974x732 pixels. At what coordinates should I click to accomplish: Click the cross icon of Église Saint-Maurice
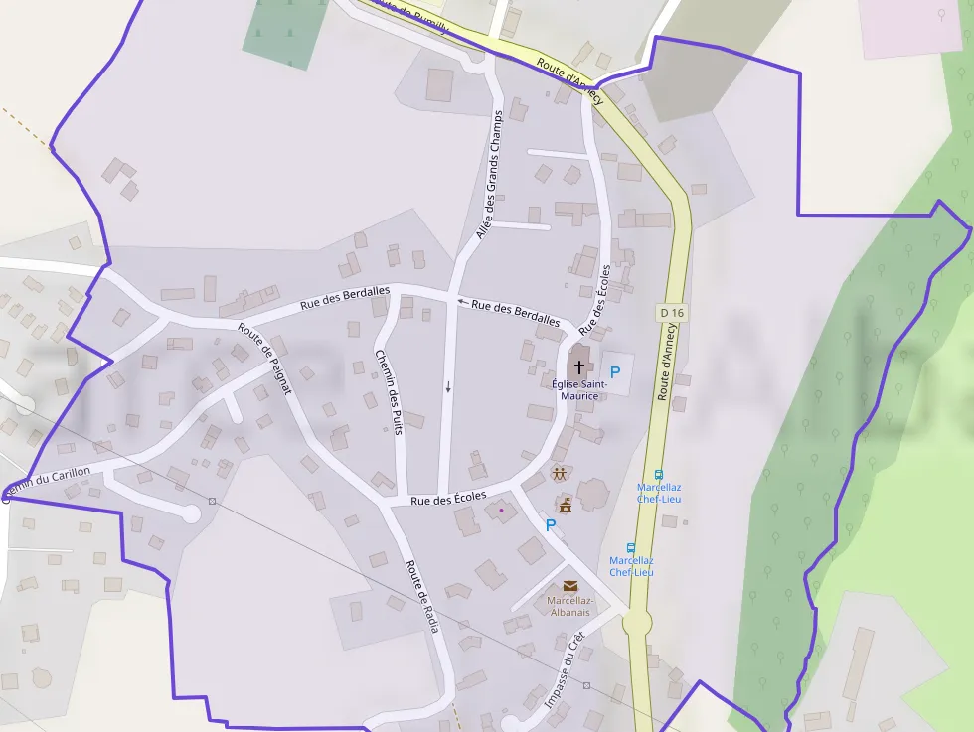[x=579, y=366]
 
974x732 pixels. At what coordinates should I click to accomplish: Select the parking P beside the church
[x=614, y=372]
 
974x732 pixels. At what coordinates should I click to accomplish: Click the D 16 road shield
[x=672, y=313]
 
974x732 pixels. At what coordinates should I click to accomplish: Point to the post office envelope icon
[x=569, y=586]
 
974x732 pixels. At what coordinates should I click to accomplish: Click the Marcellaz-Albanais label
[x=569, y=606]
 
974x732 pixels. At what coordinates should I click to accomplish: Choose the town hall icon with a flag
[x=565, y=506]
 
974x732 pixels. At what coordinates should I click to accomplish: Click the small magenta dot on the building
[x=501, y=511]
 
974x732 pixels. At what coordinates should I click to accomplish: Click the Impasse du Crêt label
[x=565, y=671]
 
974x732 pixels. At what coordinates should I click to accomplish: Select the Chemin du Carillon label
[x=47, y=484]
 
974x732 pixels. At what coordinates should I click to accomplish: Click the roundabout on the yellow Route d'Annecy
[x=637, y=624]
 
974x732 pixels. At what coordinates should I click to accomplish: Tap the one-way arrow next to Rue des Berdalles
[x=462, y=301]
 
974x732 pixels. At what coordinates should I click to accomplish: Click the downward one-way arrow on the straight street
[x=448, y=387]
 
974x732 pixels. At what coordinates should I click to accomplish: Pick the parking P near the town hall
[x=550, y=525]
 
